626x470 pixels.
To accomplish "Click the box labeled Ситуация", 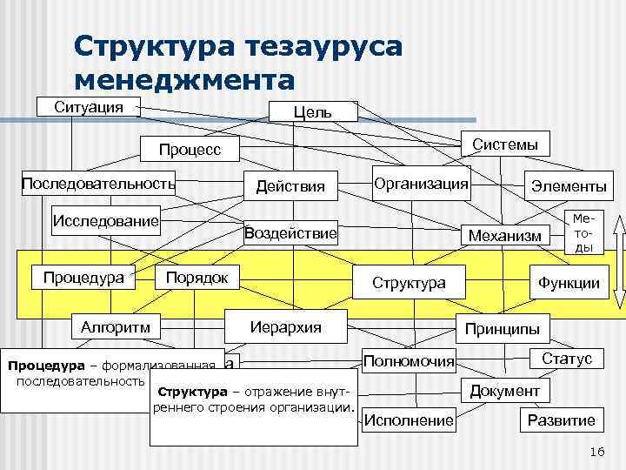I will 88,107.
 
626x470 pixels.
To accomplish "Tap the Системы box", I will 504,144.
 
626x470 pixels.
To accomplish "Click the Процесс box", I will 190,150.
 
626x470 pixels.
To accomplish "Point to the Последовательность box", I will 98,184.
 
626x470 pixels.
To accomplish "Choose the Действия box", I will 290,186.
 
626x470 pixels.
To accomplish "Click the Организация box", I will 421,184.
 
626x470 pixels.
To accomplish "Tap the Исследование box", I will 107,219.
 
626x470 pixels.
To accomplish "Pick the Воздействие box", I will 290,233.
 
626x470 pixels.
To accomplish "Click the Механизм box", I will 504,235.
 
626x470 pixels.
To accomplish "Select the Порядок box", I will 196,278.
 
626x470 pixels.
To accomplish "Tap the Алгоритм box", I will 116,327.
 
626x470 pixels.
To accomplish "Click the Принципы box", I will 503,329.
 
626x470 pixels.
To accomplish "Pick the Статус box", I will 566,359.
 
